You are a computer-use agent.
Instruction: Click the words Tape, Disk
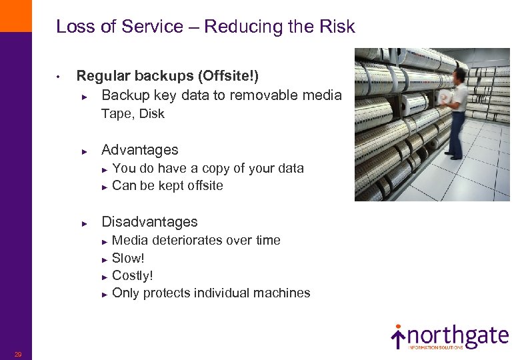pos(133,114)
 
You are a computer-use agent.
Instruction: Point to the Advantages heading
pos(139,150)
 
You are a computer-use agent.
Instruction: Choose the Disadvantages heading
pos(149,222)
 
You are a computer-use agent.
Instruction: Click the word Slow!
pos(128,258)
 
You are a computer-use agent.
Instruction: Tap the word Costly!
pos(133,275)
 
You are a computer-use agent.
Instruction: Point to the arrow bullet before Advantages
pos(85,151)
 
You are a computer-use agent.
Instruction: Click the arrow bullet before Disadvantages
pos(85,223)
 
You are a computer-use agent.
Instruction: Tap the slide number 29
pos(18,354)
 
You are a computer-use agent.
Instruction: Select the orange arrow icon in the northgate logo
pos(398,337)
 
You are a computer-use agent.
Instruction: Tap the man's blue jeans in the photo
pos(456,133)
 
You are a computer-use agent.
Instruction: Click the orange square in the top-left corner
pos(15,15)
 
